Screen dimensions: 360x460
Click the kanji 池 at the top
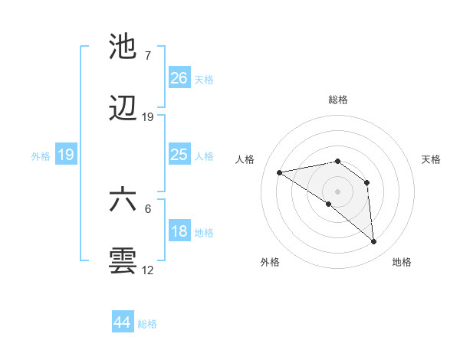coord(123,47)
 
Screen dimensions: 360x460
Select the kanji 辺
coord(123,110)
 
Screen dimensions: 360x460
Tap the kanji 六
coord(123,199)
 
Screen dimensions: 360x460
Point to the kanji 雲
coord(123,260)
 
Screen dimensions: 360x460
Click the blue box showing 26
coord(179,77)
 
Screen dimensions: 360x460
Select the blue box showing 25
coord(179,155)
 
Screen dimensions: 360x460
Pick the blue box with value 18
coord(179,231)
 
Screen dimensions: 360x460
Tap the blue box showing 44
coord(123,322)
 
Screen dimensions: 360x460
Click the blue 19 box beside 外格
coord(66,155)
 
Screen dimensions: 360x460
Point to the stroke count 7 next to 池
coord(147,56)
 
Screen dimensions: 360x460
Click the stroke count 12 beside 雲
coord(148,270)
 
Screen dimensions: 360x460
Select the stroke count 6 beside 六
coord(148,208)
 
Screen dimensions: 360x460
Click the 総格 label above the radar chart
coord(338,100)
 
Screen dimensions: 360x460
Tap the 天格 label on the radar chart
coord(431,159)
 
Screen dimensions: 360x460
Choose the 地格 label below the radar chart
coord(402,262)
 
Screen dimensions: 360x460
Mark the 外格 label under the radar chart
coord(270,262)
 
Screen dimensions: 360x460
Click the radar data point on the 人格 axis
coord(280,172)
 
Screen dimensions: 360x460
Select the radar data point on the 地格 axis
coord(374,242)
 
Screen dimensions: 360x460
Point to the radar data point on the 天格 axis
coord(367,182)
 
